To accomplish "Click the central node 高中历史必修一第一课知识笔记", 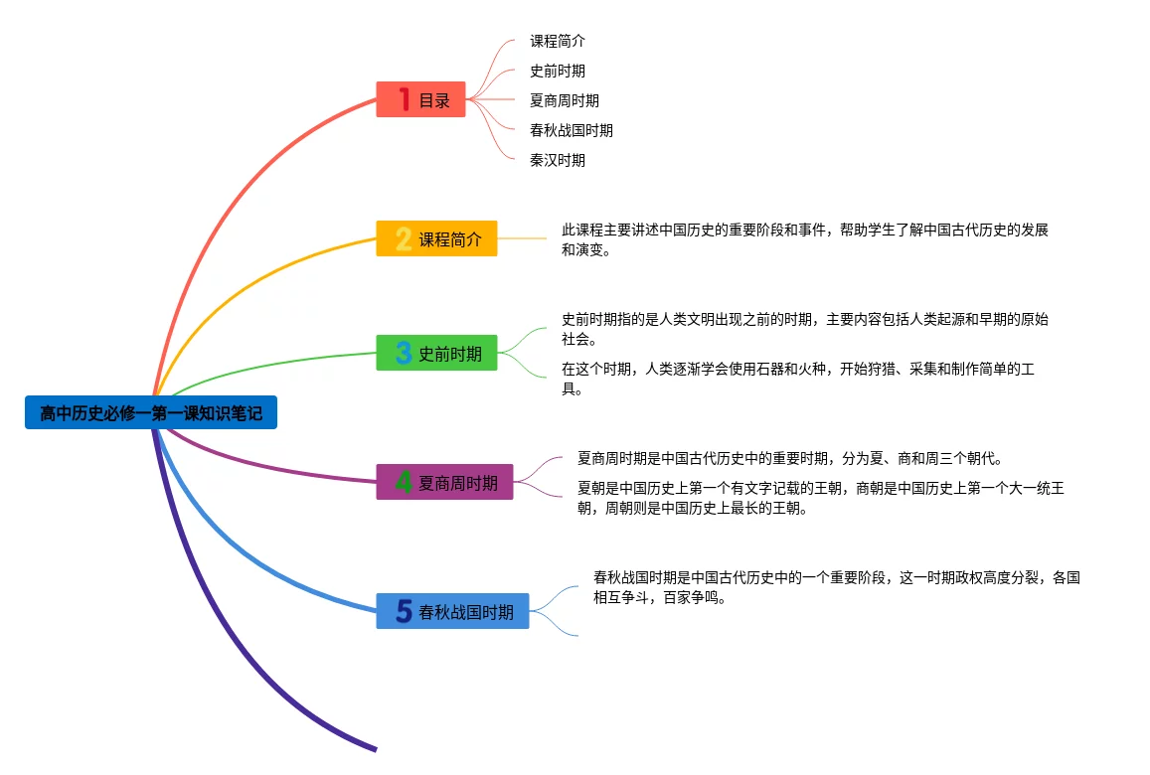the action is (151, 412).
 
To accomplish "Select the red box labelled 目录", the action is (421, 99).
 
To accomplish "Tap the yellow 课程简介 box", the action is (436, 238).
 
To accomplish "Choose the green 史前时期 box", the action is (436, 353).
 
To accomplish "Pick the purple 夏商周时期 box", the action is (444, 482).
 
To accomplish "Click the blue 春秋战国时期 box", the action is (452, 611).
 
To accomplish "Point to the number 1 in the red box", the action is (405, 99).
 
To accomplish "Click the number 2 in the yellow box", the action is (404, 238).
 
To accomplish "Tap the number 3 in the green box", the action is (404, 353).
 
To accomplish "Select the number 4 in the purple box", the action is (404, 482).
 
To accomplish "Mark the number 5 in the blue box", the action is (404, 611).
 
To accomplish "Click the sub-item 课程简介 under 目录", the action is (558, 41).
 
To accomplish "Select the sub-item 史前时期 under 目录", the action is (558, 72).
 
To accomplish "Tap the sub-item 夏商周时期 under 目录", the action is (565, 100).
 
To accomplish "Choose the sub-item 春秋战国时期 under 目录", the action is (572, 130).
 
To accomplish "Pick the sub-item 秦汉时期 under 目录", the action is (558, 160).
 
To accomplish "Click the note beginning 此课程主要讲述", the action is (804, 239).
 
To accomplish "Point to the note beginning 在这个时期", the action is (798, 379).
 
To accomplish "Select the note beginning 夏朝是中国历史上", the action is (821, 498).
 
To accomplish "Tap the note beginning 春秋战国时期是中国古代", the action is (837, 587).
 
